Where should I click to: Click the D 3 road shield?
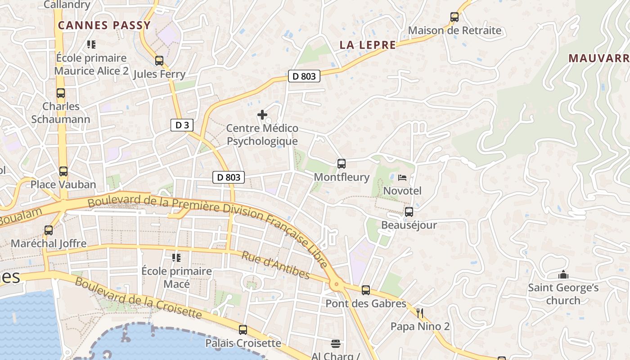(x=182, y=125)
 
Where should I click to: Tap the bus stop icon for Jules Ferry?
(x=159, y=61)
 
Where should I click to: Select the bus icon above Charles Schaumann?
(x=61, y=93)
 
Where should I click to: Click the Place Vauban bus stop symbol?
(x=63, y=171)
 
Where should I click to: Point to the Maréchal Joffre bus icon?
(x=49, y=230)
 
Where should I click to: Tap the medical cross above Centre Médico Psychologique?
(x=262, y=115)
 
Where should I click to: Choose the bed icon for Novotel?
(x=402, y=178)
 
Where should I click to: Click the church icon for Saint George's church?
(x=563, y=274)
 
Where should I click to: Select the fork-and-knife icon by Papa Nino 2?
(x=420, y=313)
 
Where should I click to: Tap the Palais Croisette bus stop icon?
(x=243, y=330)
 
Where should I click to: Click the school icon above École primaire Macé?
(x=176, y=258)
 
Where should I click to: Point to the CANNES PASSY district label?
(x=104, y=26)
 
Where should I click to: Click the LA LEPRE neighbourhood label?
(x=368, y=45)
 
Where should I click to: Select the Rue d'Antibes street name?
(x=276, y=265)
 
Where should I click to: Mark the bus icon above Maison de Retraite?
(x=454, y=18)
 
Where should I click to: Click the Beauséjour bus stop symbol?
(x=409, y=212)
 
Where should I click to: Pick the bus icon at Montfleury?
(x=342, y=164)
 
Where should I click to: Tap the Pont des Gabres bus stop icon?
(x=366, y=290)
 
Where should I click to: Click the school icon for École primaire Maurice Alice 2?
(x=91, y=45)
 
